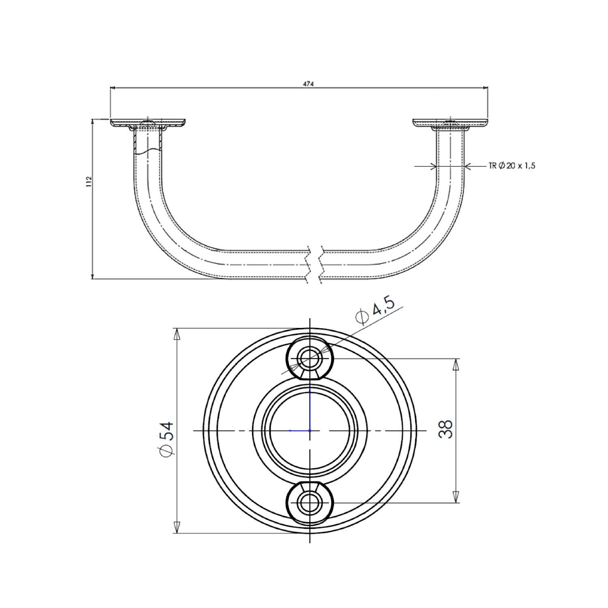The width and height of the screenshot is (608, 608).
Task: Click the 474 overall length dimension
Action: pyautogui.click(x=308, y=84)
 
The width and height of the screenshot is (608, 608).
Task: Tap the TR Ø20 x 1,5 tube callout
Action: pyautogui.click(x=512, y=165)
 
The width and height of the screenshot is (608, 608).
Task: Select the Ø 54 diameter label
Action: pyautogui.click(x=167, y=439)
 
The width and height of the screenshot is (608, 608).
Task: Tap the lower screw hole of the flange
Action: pyautogui.click(x=310, y=503)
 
